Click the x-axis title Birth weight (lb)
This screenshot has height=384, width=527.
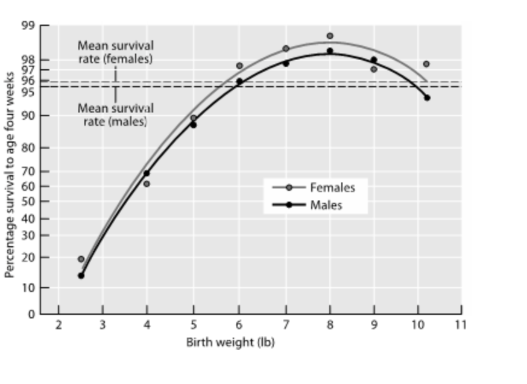coord(230,342)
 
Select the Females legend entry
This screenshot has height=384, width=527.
coord(332,187)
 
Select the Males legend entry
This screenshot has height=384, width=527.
coord(326,205)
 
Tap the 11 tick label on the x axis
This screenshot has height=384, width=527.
coord(461,325)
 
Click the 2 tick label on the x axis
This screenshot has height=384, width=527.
coord(58,325)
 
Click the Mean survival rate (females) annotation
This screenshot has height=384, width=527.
coord(115,52)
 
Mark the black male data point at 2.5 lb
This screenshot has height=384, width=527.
coord(81,276)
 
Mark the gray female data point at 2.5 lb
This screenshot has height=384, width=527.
coord(81,259)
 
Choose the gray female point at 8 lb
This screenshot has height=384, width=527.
coord(330,36)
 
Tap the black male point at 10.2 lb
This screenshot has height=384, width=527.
coord(427,98)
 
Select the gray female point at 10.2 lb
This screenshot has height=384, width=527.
coord(426,64)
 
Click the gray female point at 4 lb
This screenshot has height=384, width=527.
coord(147,184)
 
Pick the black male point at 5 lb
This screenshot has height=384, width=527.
coord(193,125)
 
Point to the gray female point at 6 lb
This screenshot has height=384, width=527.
coord(239,66)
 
